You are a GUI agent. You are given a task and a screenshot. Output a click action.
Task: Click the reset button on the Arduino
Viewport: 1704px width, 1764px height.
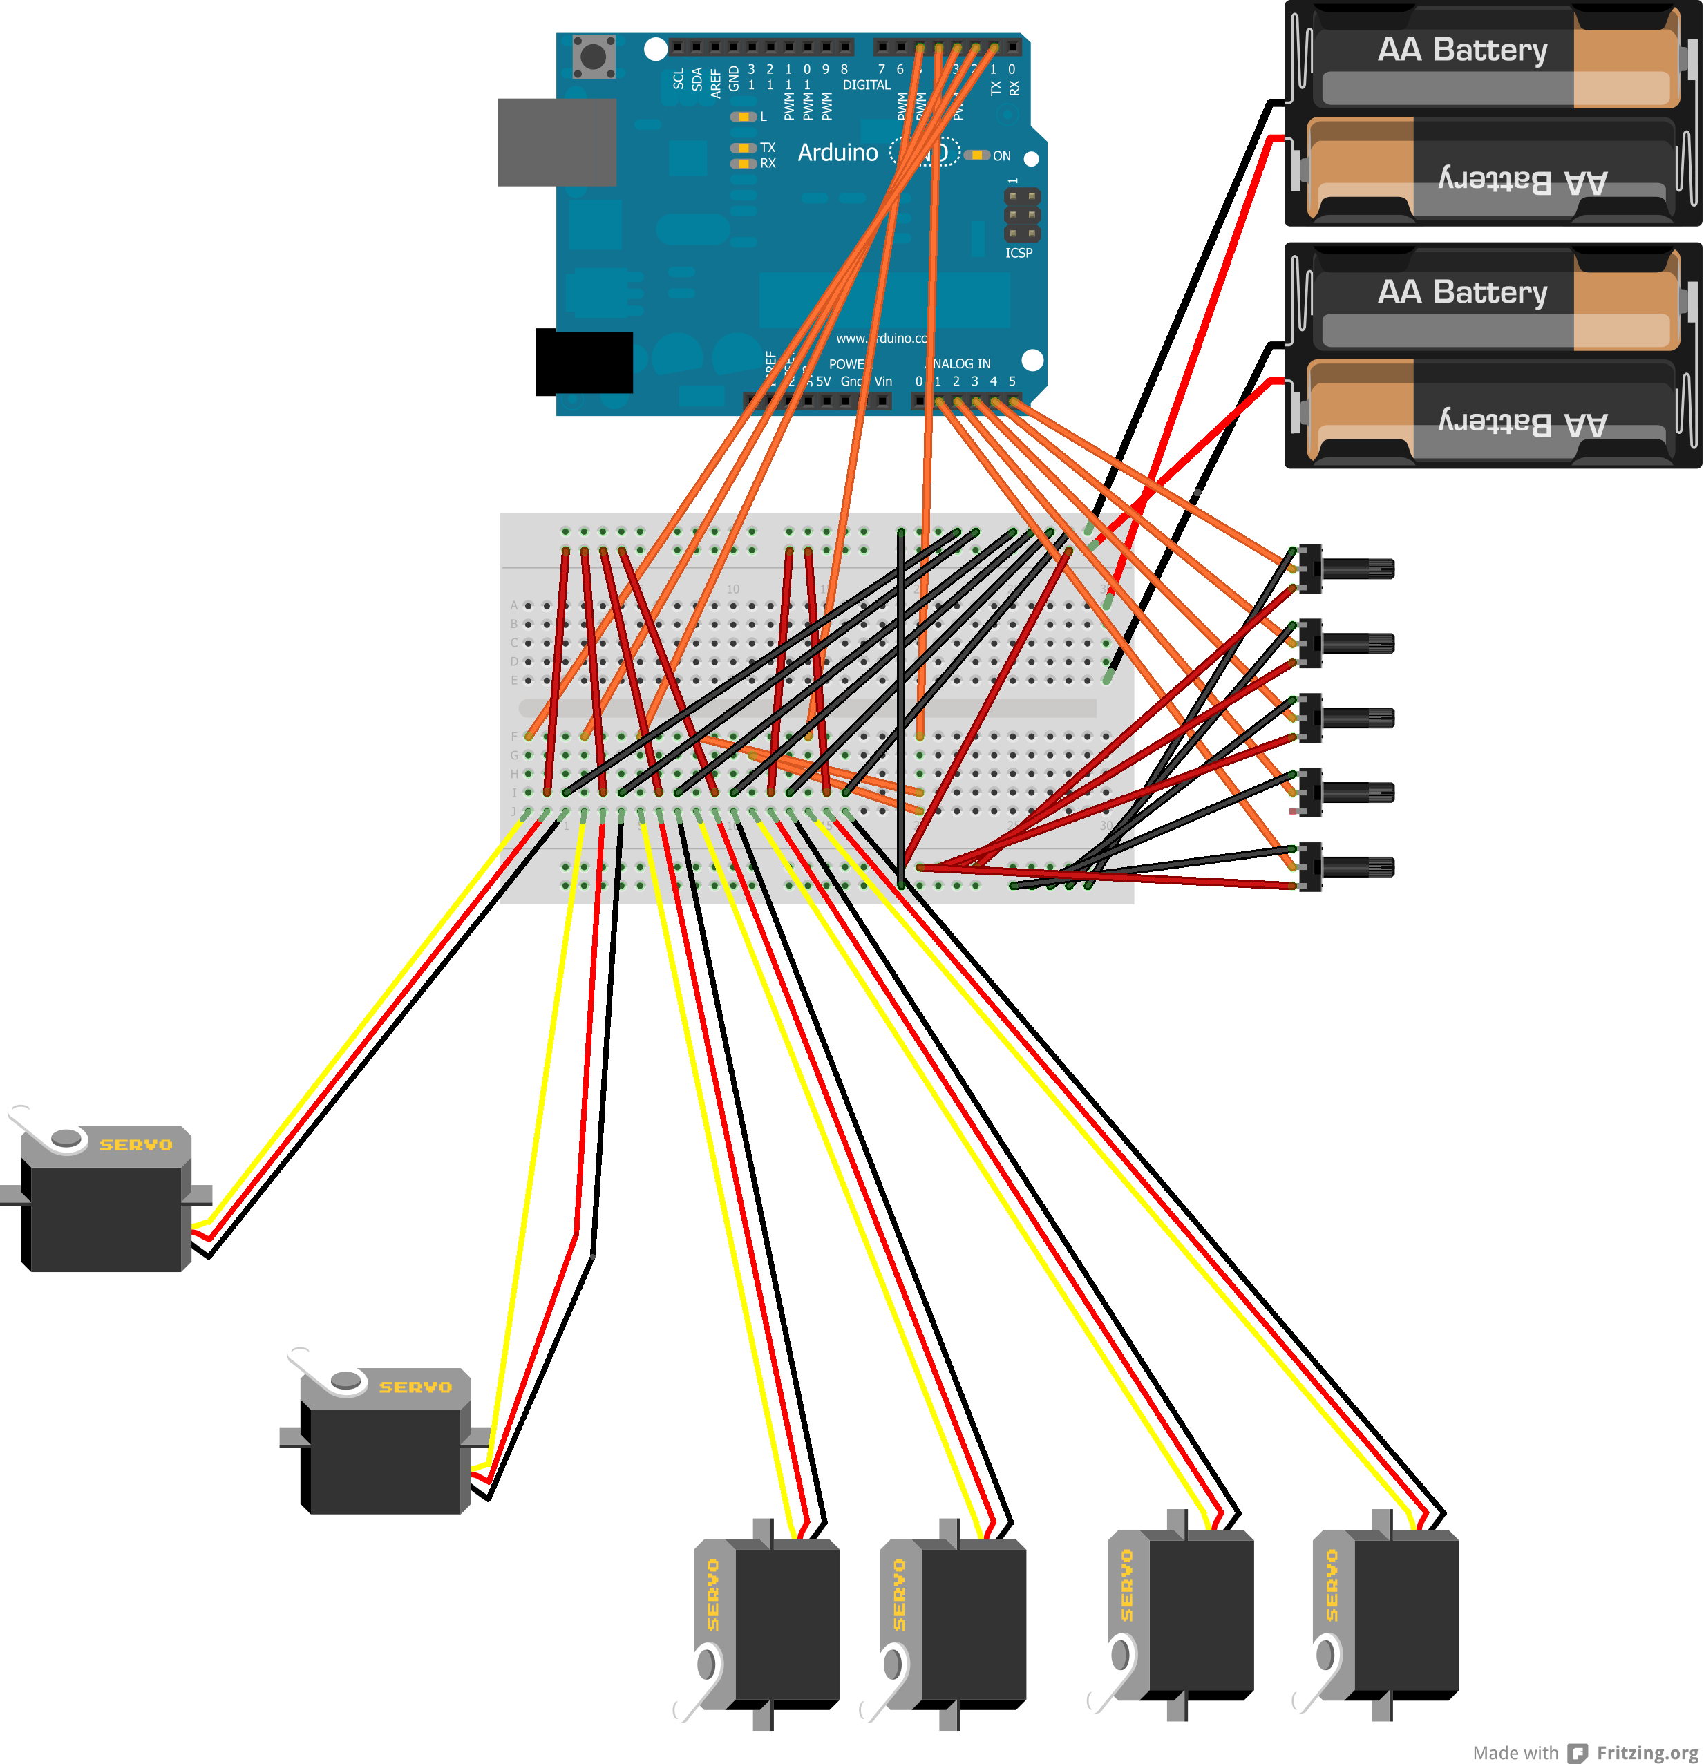pyautogui.click(x=593, y=57)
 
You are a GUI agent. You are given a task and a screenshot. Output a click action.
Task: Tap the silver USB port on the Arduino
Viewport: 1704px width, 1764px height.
pyautogui.click(x=556, y=142)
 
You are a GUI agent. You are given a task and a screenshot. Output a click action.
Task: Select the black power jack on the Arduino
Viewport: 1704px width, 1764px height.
pyautogui.click(x=584, y=362)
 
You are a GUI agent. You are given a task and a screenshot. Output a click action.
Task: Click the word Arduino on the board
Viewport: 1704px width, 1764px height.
pyautogui.click(x=837, y=153)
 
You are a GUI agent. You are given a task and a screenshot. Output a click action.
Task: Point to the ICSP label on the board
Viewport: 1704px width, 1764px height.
pyautogui.click(x=1019, y=253)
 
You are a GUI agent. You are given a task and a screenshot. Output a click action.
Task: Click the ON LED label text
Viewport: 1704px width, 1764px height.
pyautogui.click(x=1002, y=155)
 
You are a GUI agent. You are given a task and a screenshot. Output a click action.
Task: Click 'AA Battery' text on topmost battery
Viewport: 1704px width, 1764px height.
pyautogui.click(x=1462, y=50)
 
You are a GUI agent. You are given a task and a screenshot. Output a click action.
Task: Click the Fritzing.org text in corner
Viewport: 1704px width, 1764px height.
pyautogui.click(x=1647, y=1752)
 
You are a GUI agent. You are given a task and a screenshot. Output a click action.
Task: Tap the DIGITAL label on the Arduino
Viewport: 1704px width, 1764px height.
pyautogui.click(x=866, y=84)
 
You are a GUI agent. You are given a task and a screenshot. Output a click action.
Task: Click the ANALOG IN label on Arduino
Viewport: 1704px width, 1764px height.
pyautogui.click(x=961, y=363)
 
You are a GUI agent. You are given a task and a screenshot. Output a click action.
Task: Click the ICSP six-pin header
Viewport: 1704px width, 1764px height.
pyautogui.click(x=1022, y=215)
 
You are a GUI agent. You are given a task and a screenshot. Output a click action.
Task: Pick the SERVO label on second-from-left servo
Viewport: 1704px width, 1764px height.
pyautogui.click(x=415, y=1387)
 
